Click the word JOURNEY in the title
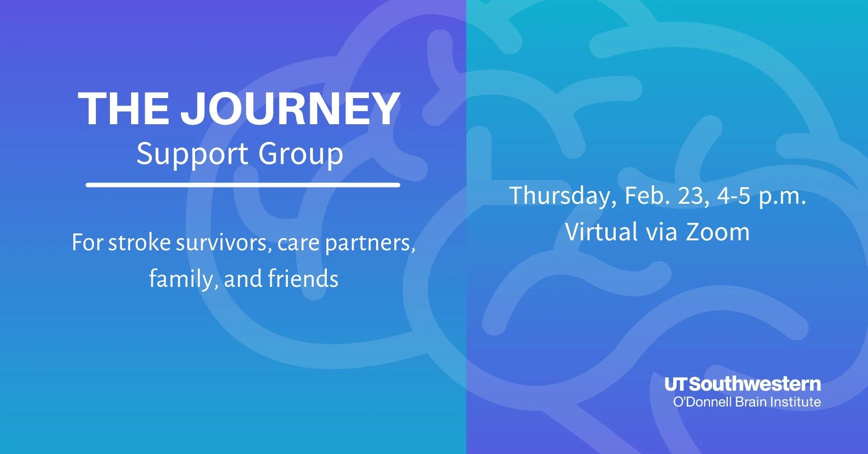point(290,108)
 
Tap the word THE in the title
point(124,108)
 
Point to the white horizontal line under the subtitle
point(243,185)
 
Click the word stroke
point(139,243)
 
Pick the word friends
point(303,278)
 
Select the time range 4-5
point(734,196)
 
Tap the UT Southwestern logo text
point(742,384)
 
